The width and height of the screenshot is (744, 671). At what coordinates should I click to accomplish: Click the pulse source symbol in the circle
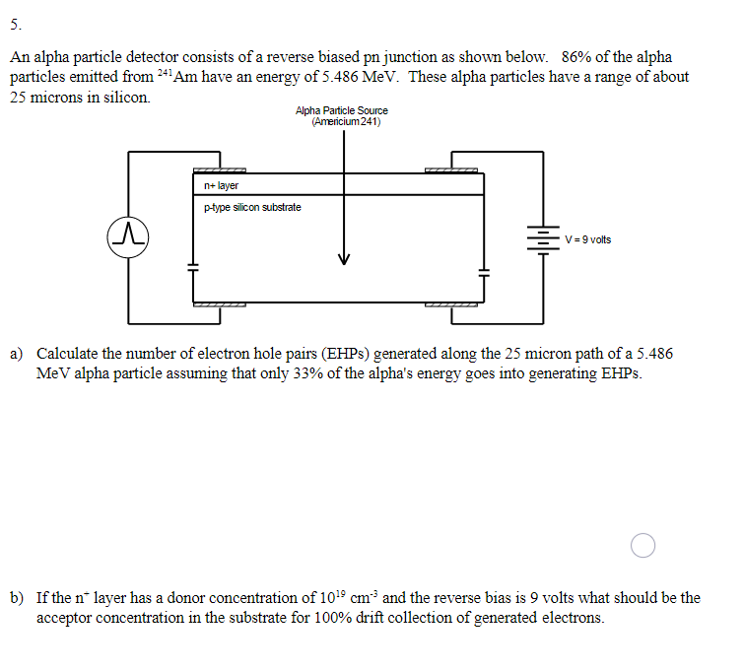click(x=128, y=236)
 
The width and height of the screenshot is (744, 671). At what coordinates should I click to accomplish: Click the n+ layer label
click(x=221, y=185)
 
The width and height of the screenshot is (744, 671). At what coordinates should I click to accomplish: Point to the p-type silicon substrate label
click(x=252, y=208)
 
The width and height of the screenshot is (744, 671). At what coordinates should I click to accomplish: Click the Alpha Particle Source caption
click(x=341, y=111)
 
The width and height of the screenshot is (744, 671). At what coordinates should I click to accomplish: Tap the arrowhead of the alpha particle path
click(x=344, y=259)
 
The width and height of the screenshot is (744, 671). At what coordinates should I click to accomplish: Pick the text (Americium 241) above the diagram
click(x=345, y=122)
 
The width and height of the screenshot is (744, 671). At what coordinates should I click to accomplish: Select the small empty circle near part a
click(x=643, y=545)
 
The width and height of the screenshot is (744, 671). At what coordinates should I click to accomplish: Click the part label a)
click(x=18, y=353)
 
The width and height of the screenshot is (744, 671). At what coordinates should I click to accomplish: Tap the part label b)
click(x=18, y=597)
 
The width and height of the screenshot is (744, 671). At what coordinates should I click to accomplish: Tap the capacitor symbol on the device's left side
click(x=193, y=266)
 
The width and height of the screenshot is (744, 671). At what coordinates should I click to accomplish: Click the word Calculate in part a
click(x=67, y=353)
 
